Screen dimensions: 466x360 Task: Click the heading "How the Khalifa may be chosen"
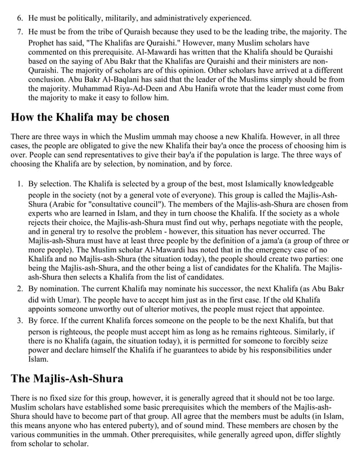[x=90, y=118]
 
